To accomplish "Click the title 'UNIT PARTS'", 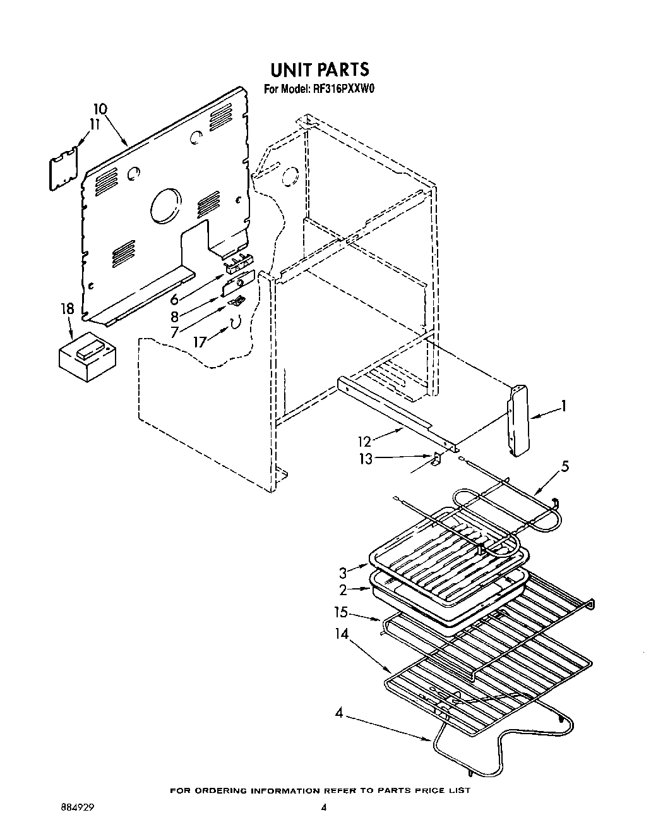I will click(320, 68).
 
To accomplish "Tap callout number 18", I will click(67, 309).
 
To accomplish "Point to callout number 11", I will click(94, 124).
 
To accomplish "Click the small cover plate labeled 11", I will click(64, 167).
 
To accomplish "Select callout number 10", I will click(100, 109).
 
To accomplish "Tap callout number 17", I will click(200, 341).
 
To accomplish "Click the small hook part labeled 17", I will click(236, 322).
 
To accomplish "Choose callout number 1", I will click(564, 406).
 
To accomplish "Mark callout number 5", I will click(565, 466).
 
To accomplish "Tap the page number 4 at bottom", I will click(323, 807).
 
